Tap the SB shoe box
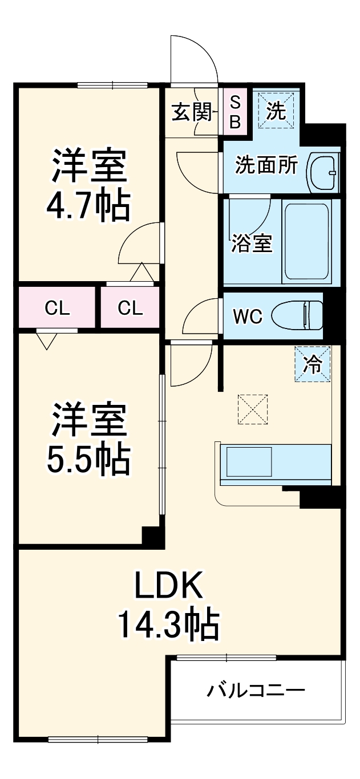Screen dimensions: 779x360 click(x=234, y=112)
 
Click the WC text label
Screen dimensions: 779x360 click(x=248, y=316)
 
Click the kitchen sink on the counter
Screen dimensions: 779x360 click(x=249, y=461)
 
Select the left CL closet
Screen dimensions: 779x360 click(x=58, y=309)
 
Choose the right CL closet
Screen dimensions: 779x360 click(x=131, y=309)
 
